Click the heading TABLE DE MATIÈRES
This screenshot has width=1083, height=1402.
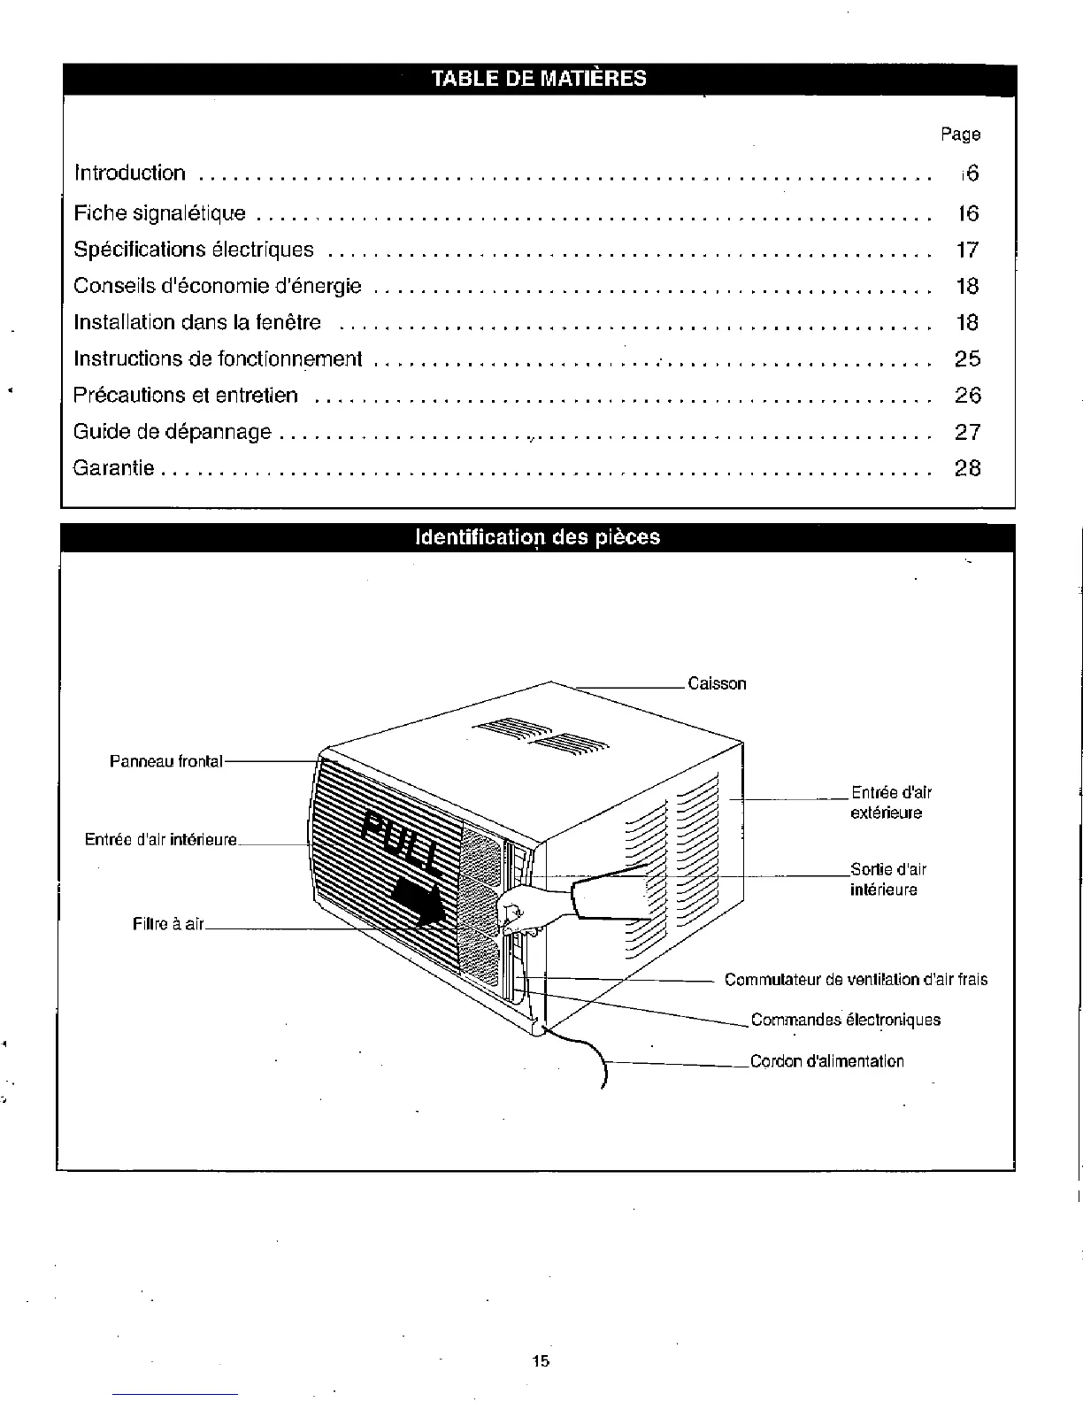(x=538, y=79)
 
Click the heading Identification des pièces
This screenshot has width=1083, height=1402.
(x=537, y=537)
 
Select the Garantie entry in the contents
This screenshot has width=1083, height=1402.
(x=114, y=468)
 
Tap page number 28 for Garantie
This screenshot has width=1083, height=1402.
(x=968, y=468)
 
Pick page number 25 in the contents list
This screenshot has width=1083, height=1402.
(x=968, y=358)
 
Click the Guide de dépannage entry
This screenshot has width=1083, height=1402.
(x=173, y=432)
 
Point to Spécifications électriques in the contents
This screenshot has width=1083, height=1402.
(x=194, y=250)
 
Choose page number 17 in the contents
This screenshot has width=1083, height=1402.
(x=968, y=250)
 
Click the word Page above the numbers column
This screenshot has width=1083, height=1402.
(x=961, y=135)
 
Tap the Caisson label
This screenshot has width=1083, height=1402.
(x=717, y=684)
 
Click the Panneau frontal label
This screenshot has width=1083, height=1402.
(x=166, y=761)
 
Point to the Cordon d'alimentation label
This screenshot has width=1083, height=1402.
(x=826, y=1061)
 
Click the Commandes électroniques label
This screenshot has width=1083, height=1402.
(x=845, y=1020)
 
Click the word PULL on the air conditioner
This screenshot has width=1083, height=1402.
(x=403, y=842)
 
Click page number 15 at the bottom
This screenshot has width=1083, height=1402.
(x=541, y=1361)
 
